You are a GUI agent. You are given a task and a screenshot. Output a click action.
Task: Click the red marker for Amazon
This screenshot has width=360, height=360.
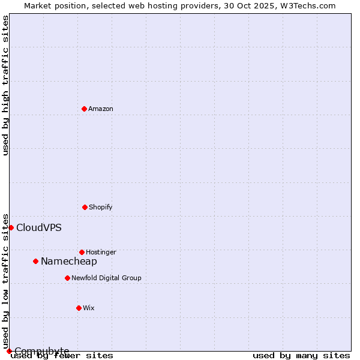pos(84,109)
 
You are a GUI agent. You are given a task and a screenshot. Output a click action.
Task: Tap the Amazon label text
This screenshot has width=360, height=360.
pos(101,109)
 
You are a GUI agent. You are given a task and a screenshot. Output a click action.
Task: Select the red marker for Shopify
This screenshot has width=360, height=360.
pos(85,207)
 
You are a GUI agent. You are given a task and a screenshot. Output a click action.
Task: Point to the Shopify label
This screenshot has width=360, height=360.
pos(101,208)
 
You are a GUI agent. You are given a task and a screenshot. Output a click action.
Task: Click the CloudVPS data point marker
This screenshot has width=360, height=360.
pos(11,227)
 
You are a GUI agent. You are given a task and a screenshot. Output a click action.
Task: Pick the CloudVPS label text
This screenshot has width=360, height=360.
pos(39,228)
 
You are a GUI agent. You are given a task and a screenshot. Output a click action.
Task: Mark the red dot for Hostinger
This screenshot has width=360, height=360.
pos(82,252)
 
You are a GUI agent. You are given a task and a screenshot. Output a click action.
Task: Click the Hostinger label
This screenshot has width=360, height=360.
pos(101,253)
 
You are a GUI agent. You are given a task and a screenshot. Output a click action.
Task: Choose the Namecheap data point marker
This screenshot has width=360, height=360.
pos(35,261)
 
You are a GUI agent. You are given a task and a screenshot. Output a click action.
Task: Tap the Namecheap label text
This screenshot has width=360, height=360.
pos(69,262)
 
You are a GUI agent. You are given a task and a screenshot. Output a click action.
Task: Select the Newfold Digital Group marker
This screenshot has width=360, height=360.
pos(67,278)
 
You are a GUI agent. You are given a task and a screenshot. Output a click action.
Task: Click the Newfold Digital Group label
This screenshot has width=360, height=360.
pos(106,278)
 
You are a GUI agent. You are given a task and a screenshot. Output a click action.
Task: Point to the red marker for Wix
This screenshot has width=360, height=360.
pos(79,308)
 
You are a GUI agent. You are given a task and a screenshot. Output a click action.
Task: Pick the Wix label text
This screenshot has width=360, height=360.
pos(89,308)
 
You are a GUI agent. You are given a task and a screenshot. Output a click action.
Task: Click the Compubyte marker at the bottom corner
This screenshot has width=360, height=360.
pos(9,351)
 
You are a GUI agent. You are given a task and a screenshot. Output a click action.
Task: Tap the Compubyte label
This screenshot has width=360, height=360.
pos(42,351)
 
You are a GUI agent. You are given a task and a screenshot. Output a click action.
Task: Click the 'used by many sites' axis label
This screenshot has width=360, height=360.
pos(301,356)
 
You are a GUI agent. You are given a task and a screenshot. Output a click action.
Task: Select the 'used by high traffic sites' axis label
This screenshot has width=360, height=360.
pos(6,85)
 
